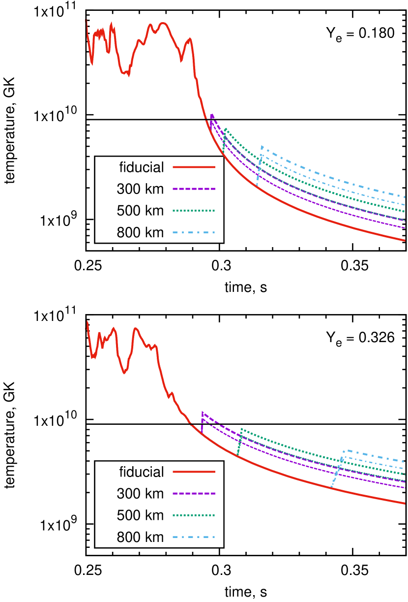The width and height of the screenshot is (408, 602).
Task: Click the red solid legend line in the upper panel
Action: click(194, 167)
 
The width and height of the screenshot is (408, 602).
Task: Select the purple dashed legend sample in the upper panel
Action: click(194, 189)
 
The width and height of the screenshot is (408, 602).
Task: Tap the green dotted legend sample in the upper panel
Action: click(194, 211)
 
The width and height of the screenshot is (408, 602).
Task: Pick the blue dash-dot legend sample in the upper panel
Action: click(194, 232)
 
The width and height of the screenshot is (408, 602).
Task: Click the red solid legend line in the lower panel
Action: click(194, 472)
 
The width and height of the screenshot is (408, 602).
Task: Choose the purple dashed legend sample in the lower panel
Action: click(194, 493)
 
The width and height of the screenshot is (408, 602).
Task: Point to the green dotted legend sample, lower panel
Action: click(194, 515)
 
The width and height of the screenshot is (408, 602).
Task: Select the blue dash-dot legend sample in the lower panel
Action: click(194, 537)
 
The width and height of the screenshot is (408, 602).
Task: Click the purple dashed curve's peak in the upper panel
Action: click(212, 115)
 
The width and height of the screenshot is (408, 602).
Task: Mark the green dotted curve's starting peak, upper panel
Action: click(225, 129)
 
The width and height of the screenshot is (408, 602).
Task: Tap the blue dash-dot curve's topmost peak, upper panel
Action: click(262, 146)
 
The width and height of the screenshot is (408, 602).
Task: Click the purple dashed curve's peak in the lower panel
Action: click(202, 412)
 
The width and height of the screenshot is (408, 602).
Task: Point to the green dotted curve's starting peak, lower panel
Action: click(241, 429)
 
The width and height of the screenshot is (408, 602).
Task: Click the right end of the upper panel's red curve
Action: click(405, 240)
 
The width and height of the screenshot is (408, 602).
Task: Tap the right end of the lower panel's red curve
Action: click(405, 504)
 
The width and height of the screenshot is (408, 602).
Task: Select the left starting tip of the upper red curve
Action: click(87, 20)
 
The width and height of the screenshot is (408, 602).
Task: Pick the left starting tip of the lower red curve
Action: click(87, 321)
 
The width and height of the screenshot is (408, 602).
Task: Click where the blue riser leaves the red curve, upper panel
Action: click(257, 187)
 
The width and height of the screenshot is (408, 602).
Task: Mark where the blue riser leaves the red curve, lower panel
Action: click(331, 487)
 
